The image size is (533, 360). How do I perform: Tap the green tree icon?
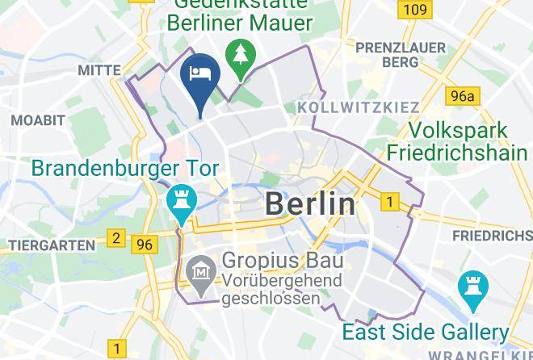click(241, 54)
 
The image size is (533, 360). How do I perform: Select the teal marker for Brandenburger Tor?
click(180, 201)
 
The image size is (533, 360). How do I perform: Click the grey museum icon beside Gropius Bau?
click(198, 273)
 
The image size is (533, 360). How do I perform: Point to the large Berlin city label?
click(310, 203)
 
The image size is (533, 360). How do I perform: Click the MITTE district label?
click(99, 71)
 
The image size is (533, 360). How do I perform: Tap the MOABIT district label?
click(38, 120)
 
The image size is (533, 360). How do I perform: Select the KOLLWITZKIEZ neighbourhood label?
click(359, 107)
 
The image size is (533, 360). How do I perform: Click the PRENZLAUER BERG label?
click(413, 55)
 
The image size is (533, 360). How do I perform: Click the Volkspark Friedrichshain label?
click(457, 141)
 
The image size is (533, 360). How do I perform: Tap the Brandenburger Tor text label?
click(124, 170)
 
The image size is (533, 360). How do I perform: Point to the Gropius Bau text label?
click(283, 261)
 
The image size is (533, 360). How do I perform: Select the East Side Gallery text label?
click(425, 332)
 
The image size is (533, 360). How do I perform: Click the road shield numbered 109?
click(414, 10)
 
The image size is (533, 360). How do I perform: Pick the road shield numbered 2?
click(117, 238)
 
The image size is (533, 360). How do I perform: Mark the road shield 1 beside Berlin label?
click(390, 202)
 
